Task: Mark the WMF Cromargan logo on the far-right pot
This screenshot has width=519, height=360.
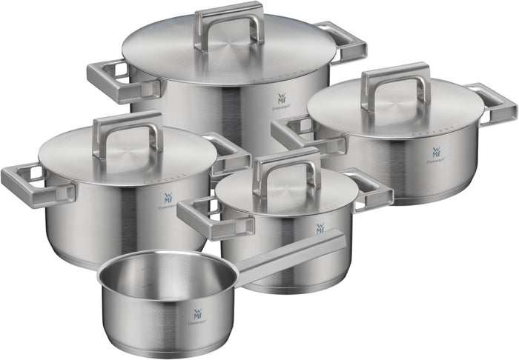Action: [x=436, y=156]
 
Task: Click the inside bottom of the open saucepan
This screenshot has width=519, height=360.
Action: [x=167, y=282]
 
